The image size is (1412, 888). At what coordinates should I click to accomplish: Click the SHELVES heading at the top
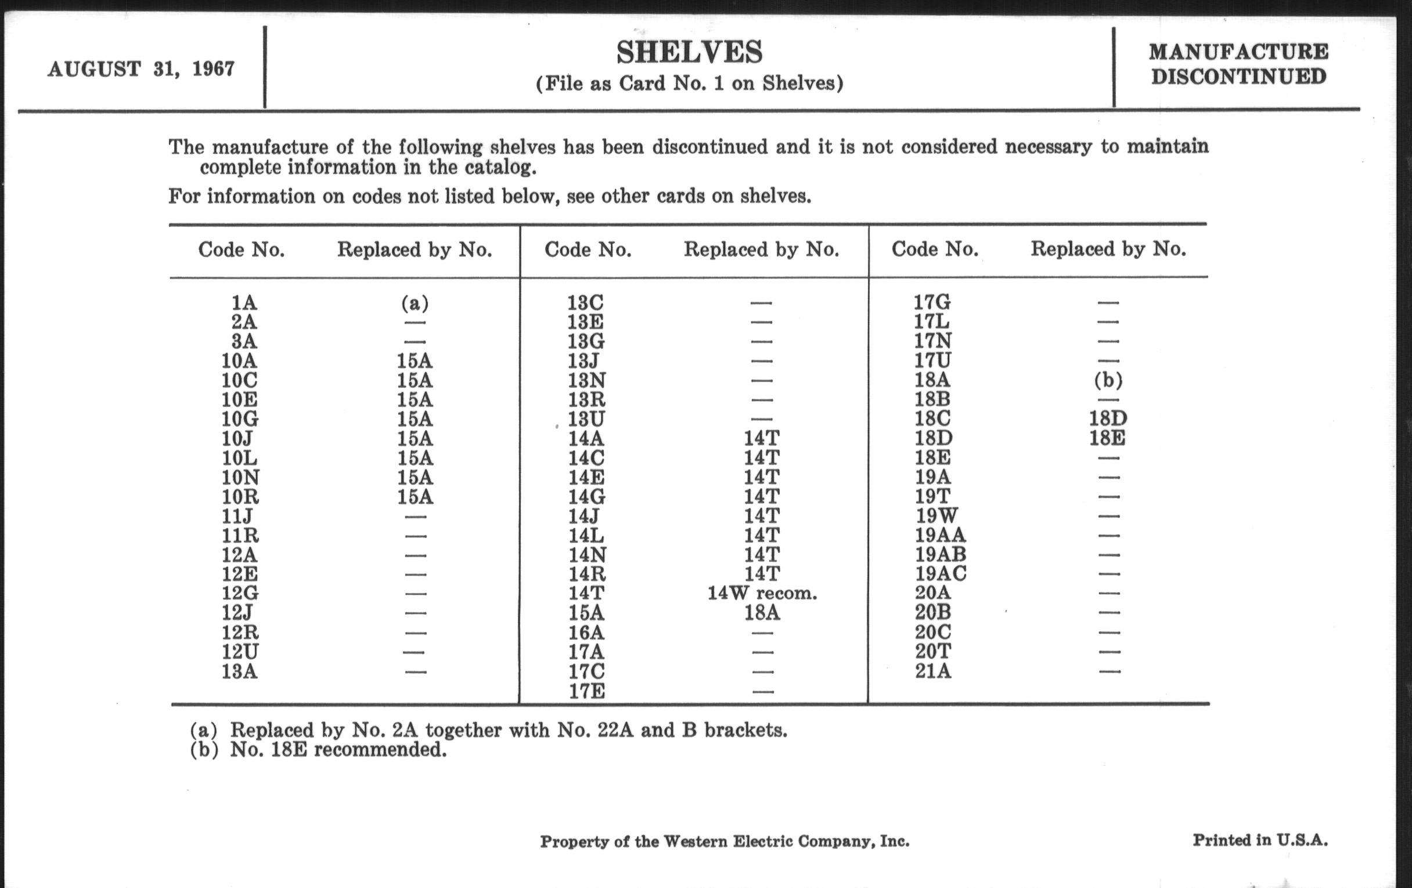(689, 53)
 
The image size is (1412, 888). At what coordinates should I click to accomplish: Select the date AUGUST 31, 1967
(141, 69)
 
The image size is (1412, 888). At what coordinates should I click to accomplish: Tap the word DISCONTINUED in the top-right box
(1238, 77)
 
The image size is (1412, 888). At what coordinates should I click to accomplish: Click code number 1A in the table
(244, 303)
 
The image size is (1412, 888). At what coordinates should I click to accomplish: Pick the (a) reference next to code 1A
(415, 303)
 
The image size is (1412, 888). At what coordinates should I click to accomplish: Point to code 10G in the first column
(240, 419)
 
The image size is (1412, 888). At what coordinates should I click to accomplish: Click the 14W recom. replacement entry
(762, 593)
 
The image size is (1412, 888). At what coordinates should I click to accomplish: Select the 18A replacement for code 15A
(762, 613)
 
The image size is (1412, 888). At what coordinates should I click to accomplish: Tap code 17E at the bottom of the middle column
(586, 692)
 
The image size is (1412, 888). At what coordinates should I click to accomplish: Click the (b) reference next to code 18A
(1108, 380)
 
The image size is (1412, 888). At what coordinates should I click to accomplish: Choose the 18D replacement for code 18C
(1108, 418)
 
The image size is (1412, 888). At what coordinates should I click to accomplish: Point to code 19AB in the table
(940, 554)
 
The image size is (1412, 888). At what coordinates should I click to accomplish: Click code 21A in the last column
(933, 670)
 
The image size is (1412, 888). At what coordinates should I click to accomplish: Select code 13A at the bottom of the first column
(239, 671)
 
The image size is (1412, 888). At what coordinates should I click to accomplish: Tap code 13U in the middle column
(586, 419)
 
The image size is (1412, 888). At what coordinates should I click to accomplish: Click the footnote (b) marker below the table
(203, 750)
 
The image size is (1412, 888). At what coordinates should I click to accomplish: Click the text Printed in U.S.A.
(1259, 840)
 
